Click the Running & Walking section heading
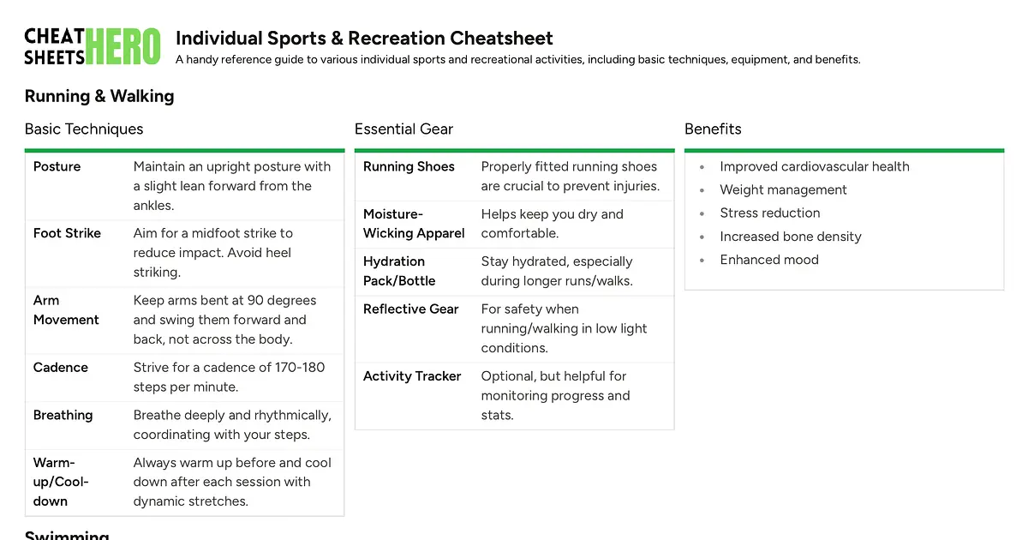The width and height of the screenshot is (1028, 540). tap(99, 96)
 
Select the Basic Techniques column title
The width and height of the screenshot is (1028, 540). tap(84, 129)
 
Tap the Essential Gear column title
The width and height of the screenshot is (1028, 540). tap(403, 129)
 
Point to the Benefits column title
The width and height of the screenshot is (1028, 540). tap(713, 129)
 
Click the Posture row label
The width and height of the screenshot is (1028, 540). tap(57, 166)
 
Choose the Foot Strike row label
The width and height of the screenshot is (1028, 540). tap(67, 233)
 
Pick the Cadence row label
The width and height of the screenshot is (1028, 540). tap(60, 367)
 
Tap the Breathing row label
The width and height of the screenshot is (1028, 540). tap(63, 415)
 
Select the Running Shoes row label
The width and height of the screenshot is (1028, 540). tap(409, 166)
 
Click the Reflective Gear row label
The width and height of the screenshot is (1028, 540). tap(410, 309)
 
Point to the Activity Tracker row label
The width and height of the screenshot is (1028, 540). tap(412, 375)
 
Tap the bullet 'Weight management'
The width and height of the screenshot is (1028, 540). tap(783, 189)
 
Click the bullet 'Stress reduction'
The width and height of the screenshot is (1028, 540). tap(769, 213)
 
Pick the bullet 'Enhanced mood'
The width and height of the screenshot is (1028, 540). tap(768, 260)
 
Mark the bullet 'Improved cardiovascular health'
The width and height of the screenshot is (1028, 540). tap(814, 166)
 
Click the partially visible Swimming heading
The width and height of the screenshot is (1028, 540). tap(67, 535)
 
